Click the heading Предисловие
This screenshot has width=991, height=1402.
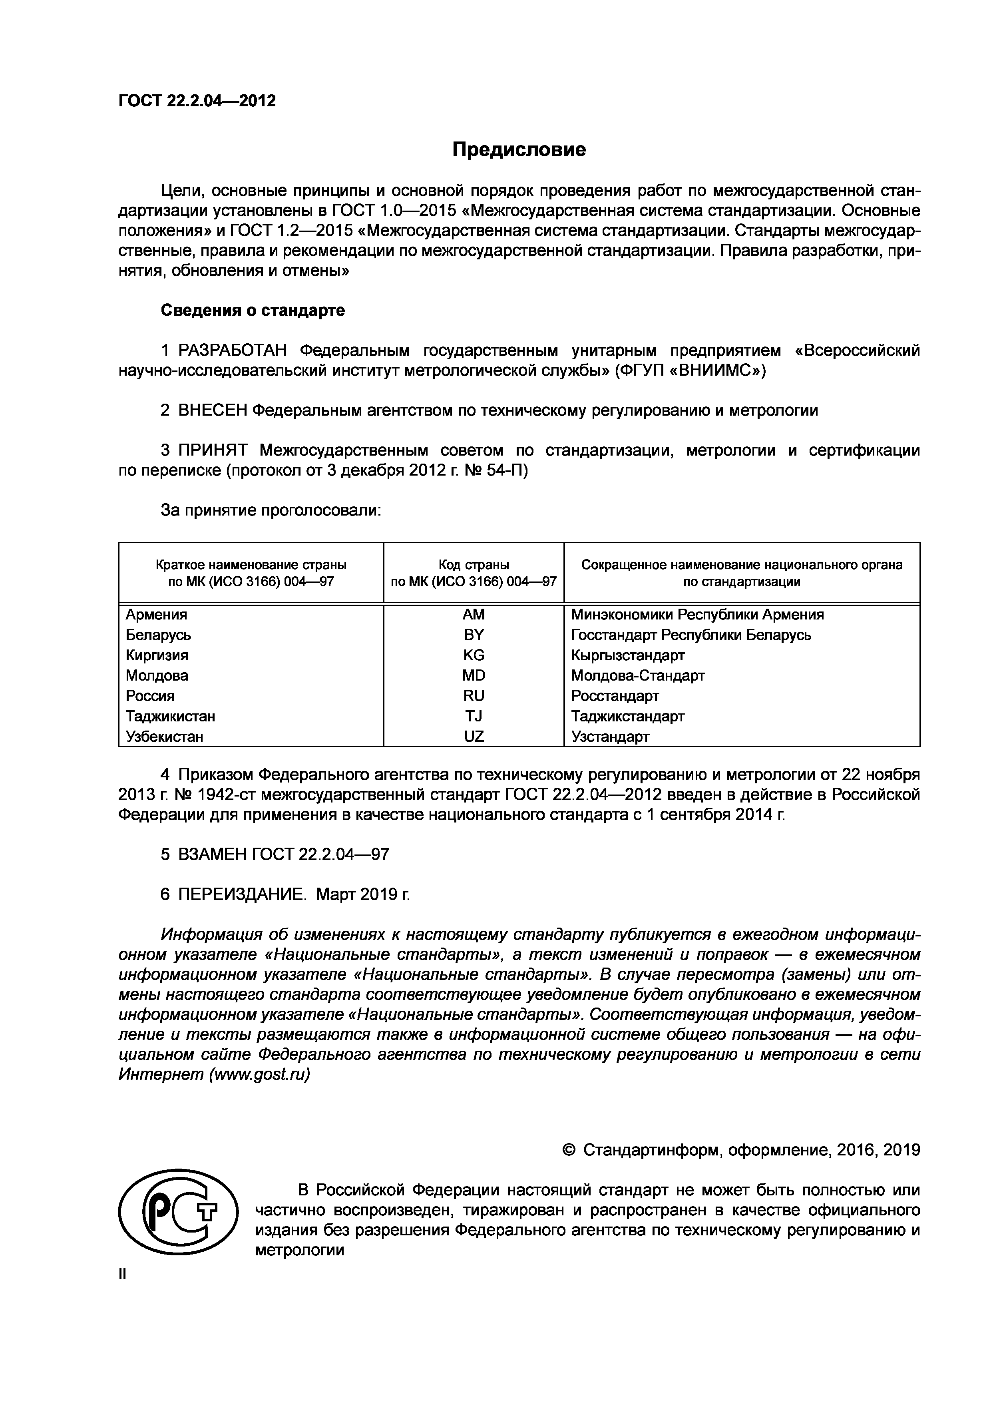(x=519, y=149)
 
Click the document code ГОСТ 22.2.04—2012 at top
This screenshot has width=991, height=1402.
(x=197, y=101)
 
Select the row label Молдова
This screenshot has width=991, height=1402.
(x=157, y=675)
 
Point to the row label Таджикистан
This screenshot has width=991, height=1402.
(x=170, y=716)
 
